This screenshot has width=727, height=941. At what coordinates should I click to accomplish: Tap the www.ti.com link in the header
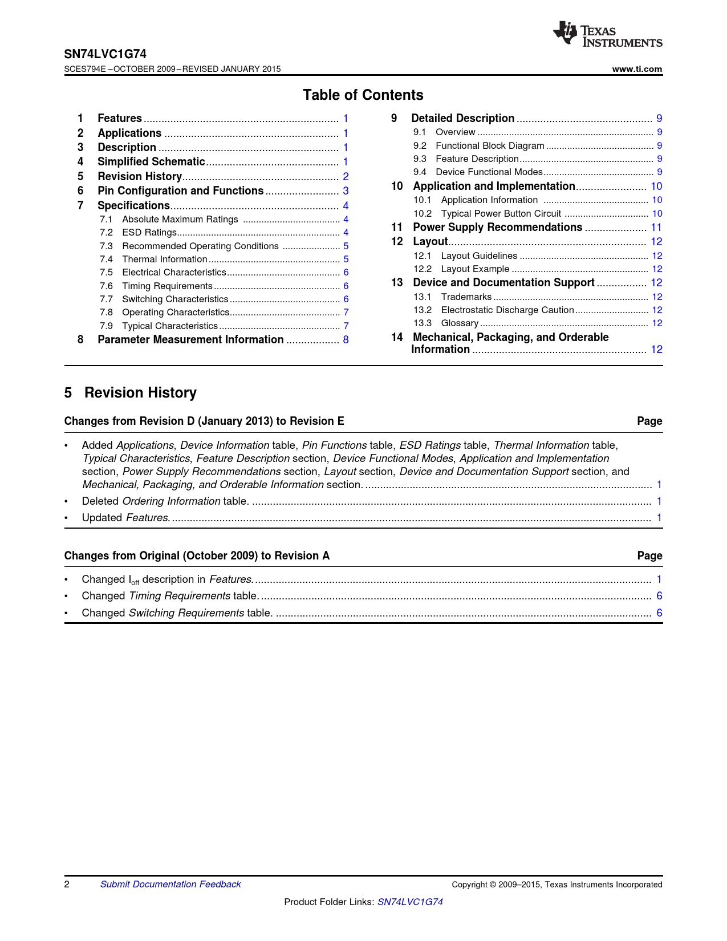click(x=637, y=69)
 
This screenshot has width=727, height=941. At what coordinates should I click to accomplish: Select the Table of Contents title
click(x=363, y=95)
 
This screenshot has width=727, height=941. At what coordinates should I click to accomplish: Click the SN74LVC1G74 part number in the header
click(x=105, y=54)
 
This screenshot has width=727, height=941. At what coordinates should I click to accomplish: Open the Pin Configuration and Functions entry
click(x=180, y=191)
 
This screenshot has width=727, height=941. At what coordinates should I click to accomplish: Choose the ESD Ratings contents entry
click(x=149, y=233)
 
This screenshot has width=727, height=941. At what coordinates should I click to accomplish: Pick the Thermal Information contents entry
click(x=165, y=259)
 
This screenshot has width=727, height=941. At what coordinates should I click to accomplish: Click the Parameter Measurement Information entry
click(x=190, y=340)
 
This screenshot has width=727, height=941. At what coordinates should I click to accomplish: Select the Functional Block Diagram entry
click(x=490, y=146)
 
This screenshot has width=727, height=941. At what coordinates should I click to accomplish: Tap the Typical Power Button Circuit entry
click(x=501, y=214)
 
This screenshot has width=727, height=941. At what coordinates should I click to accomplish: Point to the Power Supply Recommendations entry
click(x=497, y=228)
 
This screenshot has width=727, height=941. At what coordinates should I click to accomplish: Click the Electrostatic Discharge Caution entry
click(x=507, y=310)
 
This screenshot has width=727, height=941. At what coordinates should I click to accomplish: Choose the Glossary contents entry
click(x=460, y=323)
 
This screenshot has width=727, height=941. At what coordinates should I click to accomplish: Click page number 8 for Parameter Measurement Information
click(x=346, y=340)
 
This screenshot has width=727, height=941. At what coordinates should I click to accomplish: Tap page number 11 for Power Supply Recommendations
click(x=656, y=228)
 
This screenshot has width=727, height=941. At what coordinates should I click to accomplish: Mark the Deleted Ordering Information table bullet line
click(x=165, y=501)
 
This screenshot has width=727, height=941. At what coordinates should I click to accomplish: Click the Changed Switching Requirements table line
click(x=177, y=613)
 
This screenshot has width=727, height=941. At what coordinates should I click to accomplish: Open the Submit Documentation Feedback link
click(x=170, y=885)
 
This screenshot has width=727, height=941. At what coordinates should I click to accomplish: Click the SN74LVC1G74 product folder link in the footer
click(x=410, y=902)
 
